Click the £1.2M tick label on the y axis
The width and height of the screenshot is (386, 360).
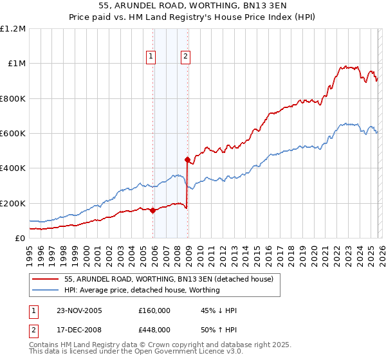13,29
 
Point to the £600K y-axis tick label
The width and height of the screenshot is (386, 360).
13,134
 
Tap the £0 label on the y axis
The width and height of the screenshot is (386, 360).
20,239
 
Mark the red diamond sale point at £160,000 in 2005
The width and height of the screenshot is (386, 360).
152,210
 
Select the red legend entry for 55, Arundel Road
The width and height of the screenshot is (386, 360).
169,279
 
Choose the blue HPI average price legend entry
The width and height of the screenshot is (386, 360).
142,290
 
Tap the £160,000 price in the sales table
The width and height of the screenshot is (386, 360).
154,310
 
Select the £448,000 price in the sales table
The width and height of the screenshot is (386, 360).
154,330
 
